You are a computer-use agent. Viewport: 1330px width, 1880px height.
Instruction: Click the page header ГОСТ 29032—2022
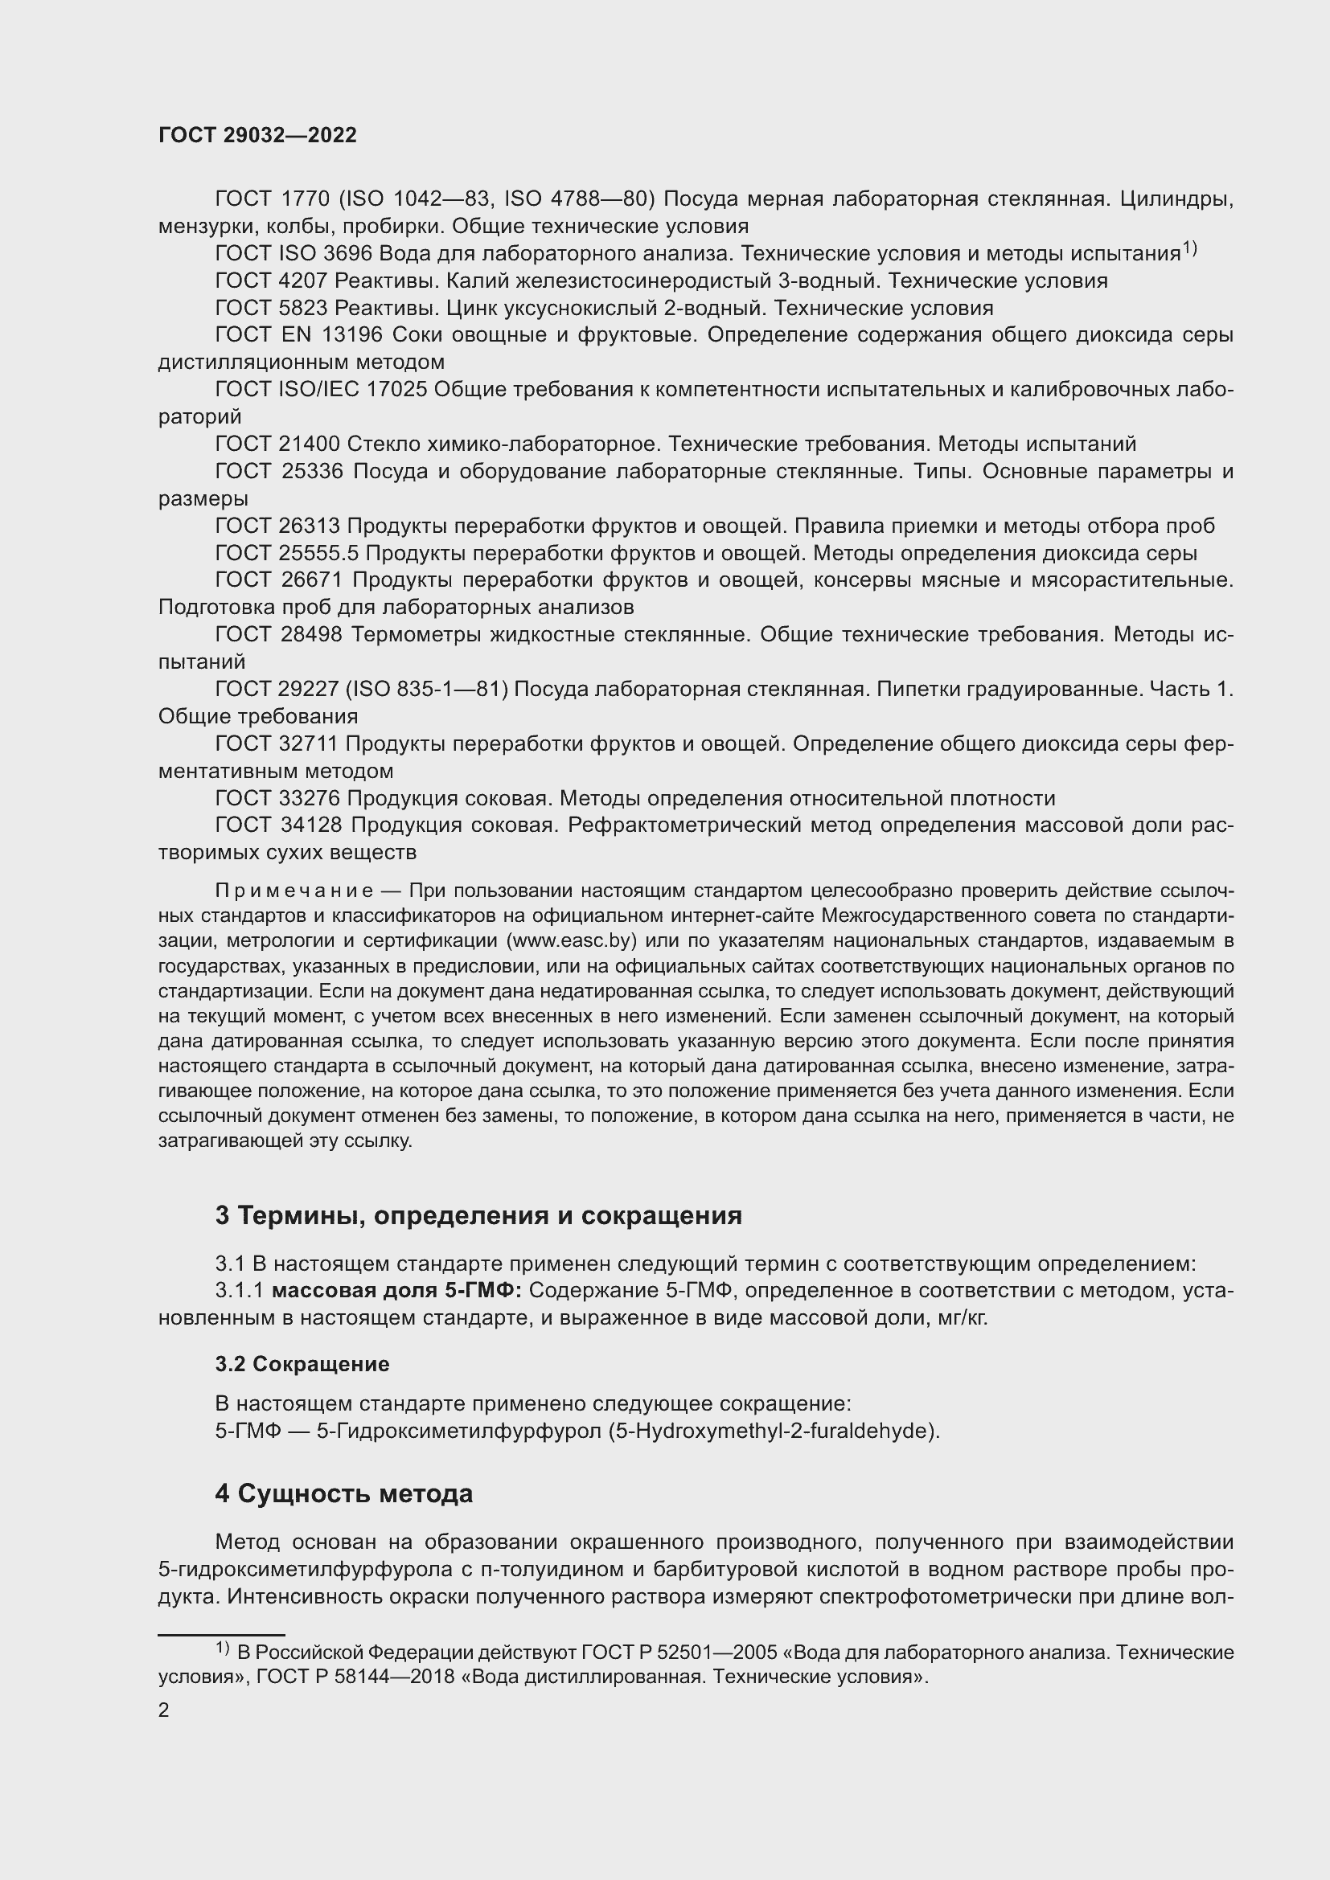[x=257, y=136]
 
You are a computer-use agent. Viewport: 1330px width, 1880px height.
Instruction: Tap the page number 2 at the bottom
[x=164, y=1710]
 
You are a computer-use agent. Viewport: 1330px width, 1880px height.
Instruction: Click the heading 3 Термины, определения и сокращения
[x=478, y=1215]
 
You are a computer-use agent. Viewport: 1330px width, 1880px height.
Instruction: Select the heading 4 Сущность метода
[x=344, y=1493]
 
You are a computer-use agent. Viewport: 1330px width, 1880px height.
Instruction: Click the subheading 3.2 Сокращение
[x=302, y=1364]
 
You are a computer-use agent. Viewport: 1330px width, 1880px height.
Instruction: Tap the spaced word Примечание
[x=294, y=891]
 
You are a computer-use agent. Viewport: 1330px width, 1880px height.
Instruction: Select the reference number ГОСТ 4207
[x=270, y=281]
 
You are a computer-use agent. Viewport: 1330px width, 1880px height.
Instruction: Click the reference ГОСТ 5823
[x=270, y=309]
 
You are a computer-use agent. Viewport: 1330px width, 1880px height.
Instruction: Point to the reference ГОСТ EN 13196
[x=298, y=335]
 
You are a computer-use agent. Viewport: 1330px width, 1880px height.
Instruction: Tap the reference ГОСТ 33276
[x=277, y=798]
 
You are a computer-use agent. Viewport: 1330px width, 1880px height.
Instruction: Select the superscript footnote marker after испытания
[x=1189, y=249]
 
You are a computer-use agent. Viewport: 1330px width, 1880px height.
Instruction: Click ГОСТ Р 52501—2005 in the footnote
[x=679, y=1653]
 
